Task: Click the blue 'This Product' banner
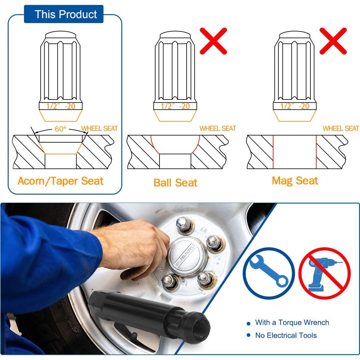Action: coord(64,14)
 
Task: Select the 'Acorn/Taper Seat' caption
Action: coord(61,181)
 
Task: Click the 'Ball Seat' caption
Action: coord(176,183)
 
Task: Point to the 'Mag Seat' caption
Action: coord(295,180)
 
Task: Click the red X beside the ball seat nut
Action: coord(213,41)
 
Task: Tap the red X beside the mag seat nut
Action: coord(333,41)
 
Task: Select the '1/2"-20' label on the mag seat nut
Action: coord(295,106)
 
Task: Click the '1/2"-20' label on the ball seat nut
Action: coord(175,106)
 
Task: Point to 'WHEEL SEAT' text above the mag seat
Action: coord(341,128)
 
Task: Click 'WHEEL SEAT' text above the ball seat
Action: coord(218,128)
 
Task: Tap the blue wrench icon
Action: coord(269,273)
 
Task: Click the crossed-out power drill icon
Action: coord(325,273)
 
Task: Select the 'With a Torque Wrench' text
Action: coord(292,322)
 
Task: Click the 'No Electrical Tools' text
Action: coord(286,335)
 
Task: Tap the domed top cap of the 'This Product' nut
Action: coord(60,34)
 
